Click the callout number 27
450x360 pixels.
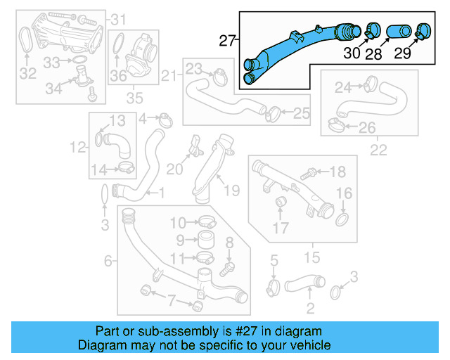coord(225,41)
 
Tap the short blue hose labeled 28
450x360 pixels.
coord(395,31)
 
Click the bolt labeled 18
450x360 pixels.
coord(307,172)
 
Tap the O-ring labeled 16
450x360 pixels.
coord(343,221)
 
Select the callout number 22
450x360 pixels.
coord(378,150)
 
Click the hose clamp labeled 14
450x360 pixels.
coord(127,167)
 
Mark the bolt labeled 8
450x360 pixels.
coord(226,267)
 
